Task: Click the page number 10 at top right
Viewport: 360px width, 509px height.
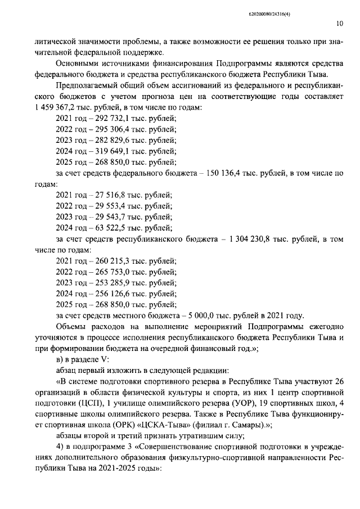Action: point(339,24)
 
